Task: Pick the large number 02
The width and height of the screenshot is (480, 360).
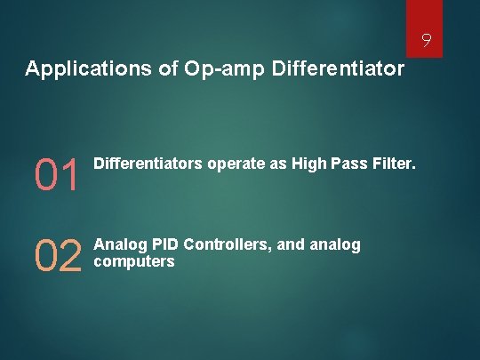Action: coord(58,257)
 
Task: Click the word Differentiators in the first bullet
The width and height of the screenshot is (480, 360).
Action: coord(148,164)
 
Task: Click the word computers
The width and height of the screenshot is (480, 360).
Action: coord(134,261)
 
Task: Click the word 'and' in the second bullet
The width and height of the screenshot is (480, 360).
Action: coord(292,244)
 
